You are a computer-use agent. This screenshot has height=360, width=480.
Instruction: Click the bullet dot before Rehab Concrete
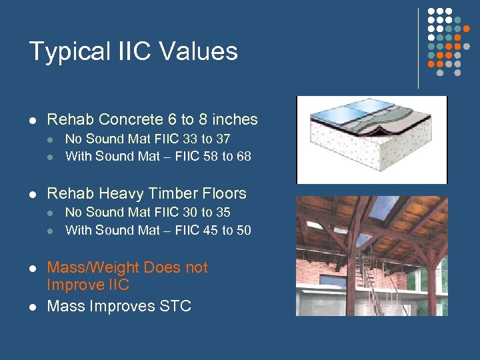(32, 121)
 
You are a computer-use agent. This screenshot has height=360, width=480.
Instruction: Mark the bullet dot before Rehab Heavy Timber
(32, 195)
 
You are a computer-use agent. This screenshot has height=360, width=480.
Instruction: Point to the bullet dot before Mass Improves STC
(32, 307)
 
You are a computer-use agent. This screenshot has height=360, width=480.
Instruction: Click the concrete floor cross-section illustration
(371, 140)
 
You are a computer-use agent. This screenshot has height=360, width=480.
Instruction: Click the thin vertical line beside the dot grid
(418, 48)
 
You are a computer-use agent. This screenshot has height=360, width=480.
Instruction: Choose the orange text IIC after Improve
(115, 285)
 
